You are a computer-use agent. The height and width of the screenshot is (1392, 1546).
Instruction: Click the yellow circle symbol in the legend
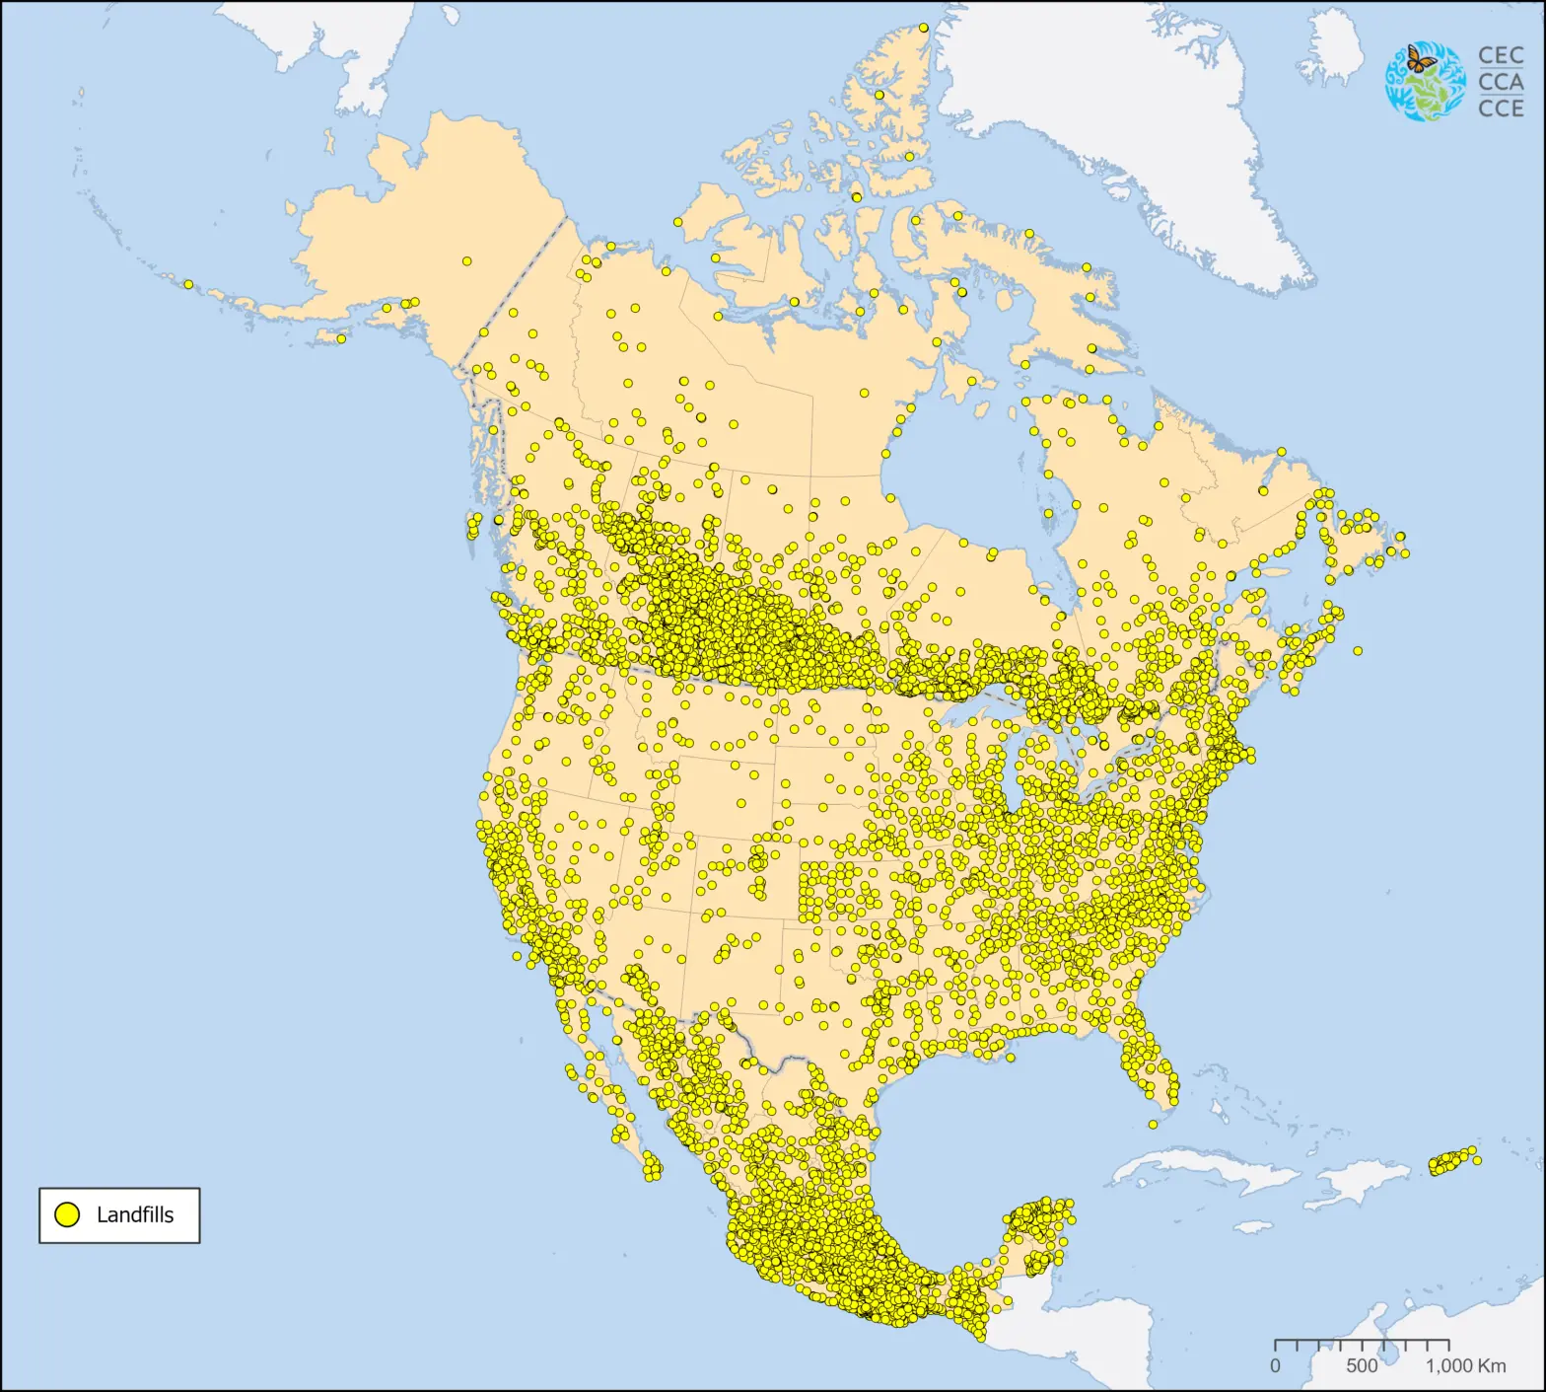[x=67, y=1214]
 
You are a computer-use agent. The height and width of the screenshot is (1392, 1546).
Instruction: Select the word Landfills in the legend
[x=135, y=1215]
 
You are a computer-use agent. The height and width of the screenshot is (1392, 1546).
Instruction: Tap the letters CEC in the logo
[x=1501, y=56]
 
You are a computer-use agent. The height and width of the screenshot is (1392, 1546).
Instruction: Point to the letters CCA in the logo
[x=1501, y=82]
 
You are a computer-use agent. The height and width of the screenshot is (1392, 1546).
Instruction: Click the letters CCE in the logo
[x=1501, y=108]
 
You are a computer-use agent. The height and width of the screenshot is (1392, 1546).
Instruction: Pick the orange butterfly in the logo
[x=1420, y=59]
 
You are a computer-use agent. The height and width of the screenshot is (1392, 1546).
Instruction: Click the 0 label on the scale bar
[x=1275, y=1366]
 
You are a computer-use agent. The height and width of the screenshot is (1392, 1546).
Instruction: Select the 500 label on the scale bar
[x=1362, y=1366]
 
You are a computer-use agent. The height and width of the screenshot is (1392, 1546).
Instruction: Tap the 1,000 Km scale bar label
[x=1465, y=1366]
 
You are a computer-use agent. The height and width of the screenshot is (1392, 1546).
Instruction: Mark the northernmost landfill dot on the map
[x=924, y=28]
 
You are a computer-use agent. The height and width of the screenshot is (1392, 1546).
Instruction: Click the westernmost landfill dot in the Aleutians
[x=188, y=284]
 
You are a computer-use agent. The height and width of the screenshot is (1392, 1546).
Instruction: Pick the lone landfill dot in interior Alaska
[x=466, y=261]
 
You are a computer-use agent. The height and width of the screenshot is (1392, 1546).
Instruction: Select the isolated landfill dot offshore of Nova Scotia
[x=1358, y=651]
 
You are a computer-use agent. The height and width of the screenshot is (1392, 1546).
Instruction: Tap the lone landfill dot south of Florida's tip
[x=1154, y=1125]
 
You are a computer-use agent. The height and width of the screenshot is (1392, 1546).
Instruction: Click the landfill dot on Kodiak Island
[x=341, y=338]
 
